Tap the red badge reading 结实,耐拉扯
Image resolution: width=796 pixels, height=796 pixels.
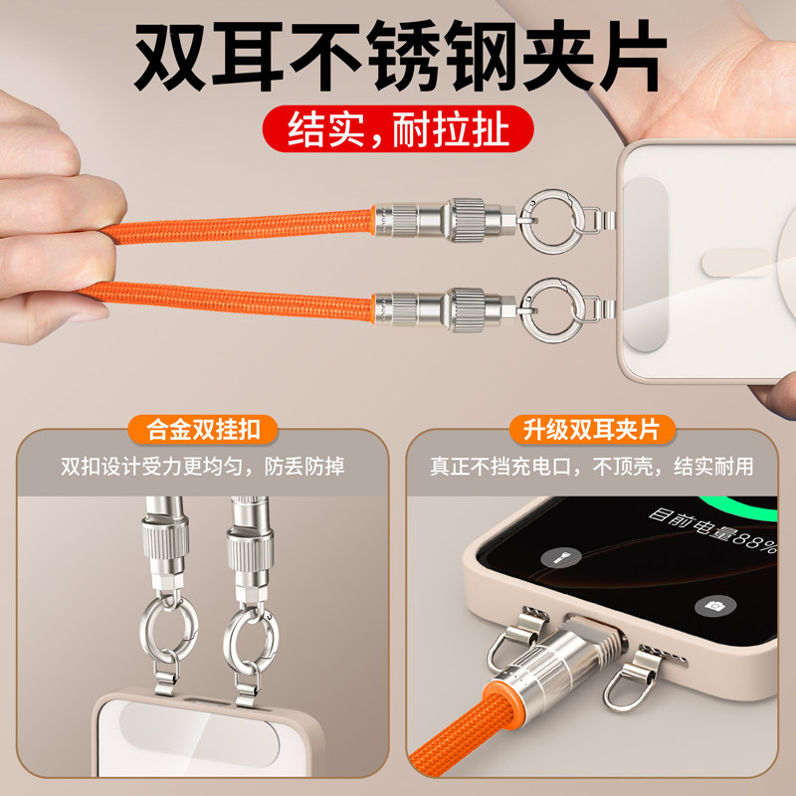(398, 130)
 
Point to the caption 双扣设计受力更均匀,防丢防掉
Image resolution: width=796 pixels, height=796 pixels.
(203, 466)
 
